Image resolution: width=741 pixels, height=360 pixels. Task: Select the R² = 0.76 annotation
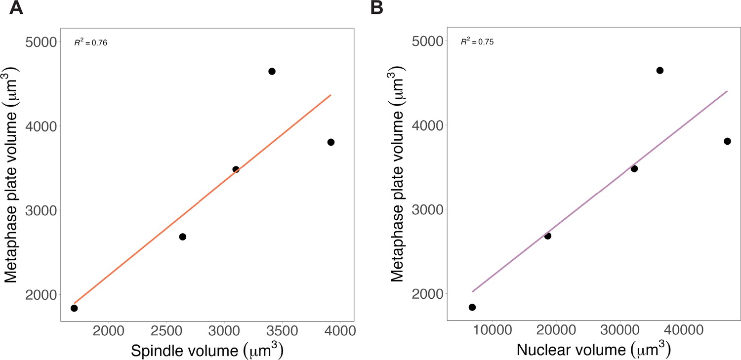click(x=91, y=43)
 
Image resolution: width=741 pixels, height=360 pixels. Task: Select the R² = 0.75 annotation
click(x=477, y=42)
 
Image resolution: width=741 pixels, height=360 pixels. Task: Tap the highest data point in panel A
click(x=272, y=71)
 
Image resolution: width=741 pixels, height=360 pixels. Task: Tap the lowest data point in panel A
click(x=74, y=308)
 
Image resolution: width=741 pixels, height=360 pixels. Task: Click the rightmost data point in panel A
click(x=331, y=142)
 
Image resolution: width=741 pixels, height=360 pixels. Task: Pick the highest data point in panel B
click(x=660, y=70)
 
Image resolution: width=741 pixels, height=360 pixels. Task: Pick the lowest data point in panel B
click(x=472, y=307)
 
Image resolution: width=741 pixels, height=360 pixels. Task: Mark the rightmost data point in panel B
click(x=727, y=141)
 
